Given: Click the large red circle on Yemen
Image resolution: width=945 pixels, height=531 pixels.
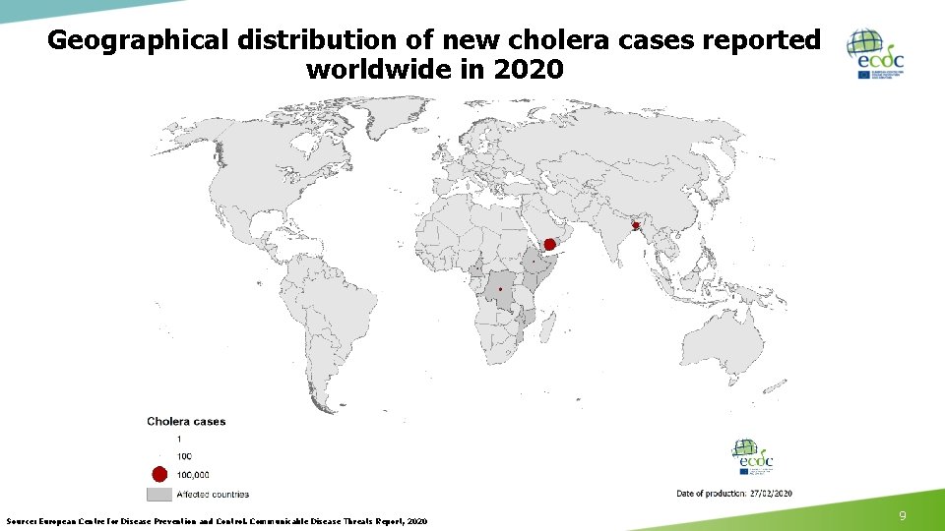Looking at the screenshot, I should pos(548,244).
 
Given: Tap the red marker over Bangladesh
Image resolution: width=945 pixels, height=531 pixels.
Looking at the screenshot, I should pos(636,226).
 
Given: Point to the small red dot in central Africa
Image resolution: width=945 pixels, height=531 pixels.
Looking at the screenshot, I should pos(500,289).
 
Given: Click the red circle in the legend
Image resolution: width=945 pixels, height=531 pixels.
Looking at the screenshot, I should pos(160,474).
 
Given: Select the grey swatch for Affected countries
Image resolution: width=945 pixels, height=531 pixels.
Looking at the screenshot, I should pos(159,494).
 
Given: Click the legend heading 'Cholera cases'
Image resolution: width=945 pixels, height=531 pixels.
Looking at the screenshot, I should pos(186,422).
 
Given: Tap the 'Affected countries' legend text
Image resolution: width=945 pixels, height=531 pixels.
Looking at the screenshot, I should pos(213,494).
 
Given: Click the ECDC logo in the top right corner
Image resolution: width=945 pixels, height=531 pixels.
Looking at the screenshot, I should pos(878,53).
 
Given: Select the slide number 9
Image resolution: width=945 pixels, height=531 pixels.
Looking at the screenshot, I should pos(903,515).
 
